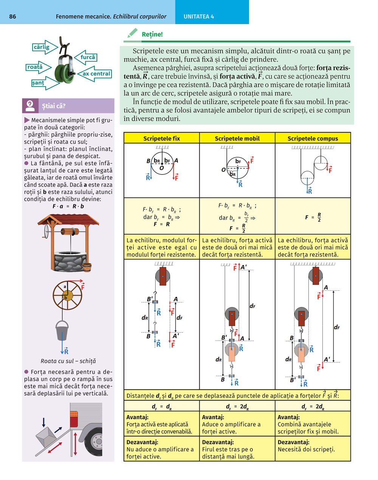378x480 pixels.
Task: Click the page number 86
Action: (x=12, y=16)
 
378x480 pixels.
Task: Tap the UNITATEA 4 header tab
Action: (x=199, y=16)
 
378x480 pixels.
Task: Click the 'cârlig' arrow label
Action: (x=42, y=47)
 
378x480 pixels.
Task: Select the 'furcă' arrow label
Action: (x=87, y=58)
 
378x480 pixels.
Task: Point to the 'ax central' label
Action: (x=96, y=74)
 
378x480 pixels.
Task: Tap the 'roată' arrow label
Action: (x=35, y=67)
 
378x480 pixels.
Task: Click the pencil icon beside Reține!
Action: (x=132, y=34)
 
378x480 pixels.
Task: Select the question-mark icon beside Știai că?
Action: (x=30, y=106)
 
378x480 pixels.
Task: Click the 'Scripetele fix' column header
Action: (x=161, y=139)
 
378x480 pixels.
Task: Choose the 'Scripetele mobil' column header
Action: (x=237, y=139)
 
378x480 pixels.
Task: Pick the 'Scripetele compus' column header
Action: (x=313, y=139)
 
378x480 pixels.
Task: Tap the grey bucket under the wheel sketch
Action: (x=62, y=331)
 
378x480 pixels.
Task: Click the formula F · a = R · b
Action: (x=68, y=206)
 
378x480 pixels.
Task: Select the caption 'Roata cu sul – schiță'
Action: (x=68, y=361)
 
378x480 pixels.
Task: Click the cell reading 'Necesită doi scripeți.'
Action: (x=306, y=450)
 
